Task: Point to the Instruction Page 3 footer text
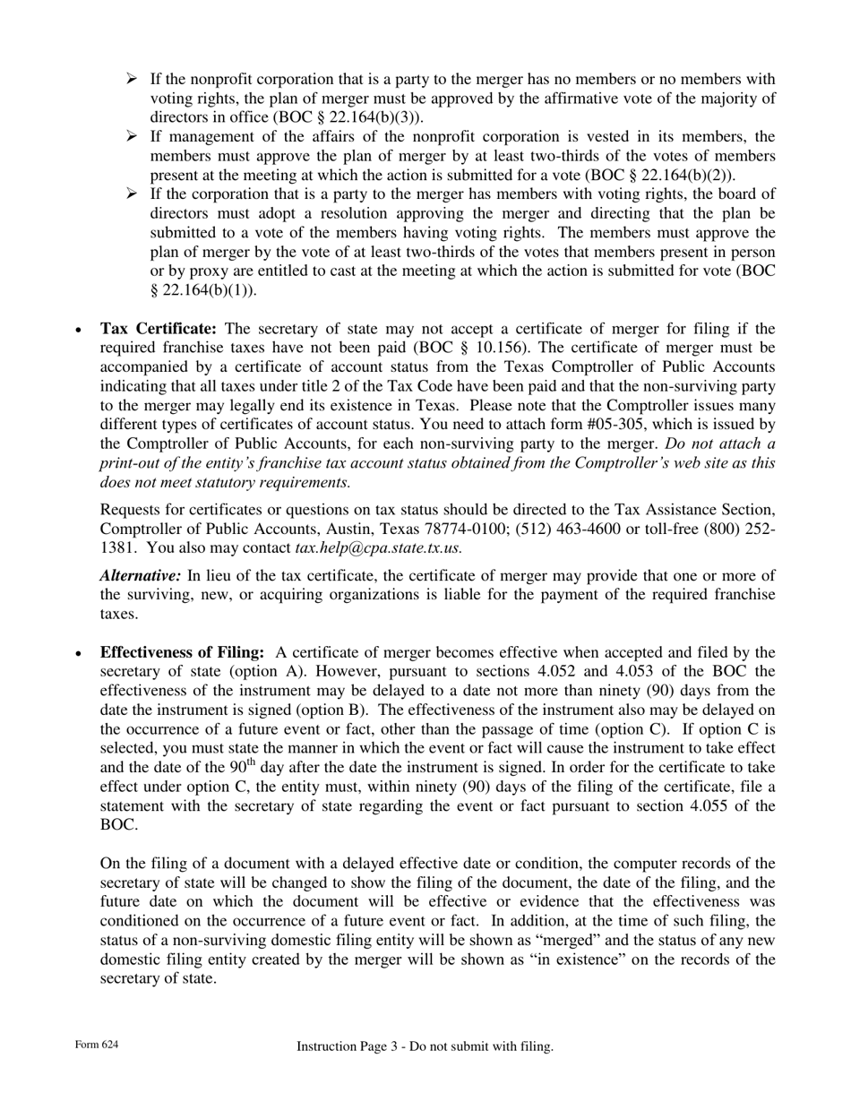click(425, 1046)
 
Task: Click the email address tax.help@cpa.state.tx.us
click(378, 547)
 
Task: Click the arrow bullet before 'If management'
click(132, 136)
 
